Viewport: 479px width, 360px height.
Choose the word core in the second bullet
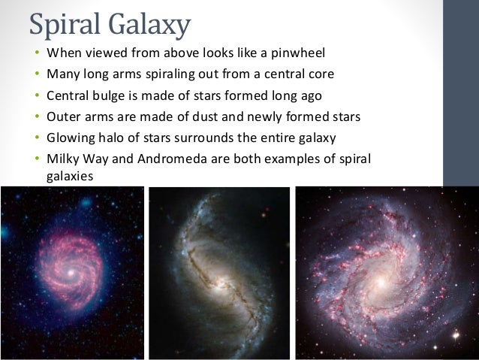tap(315, 75)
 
